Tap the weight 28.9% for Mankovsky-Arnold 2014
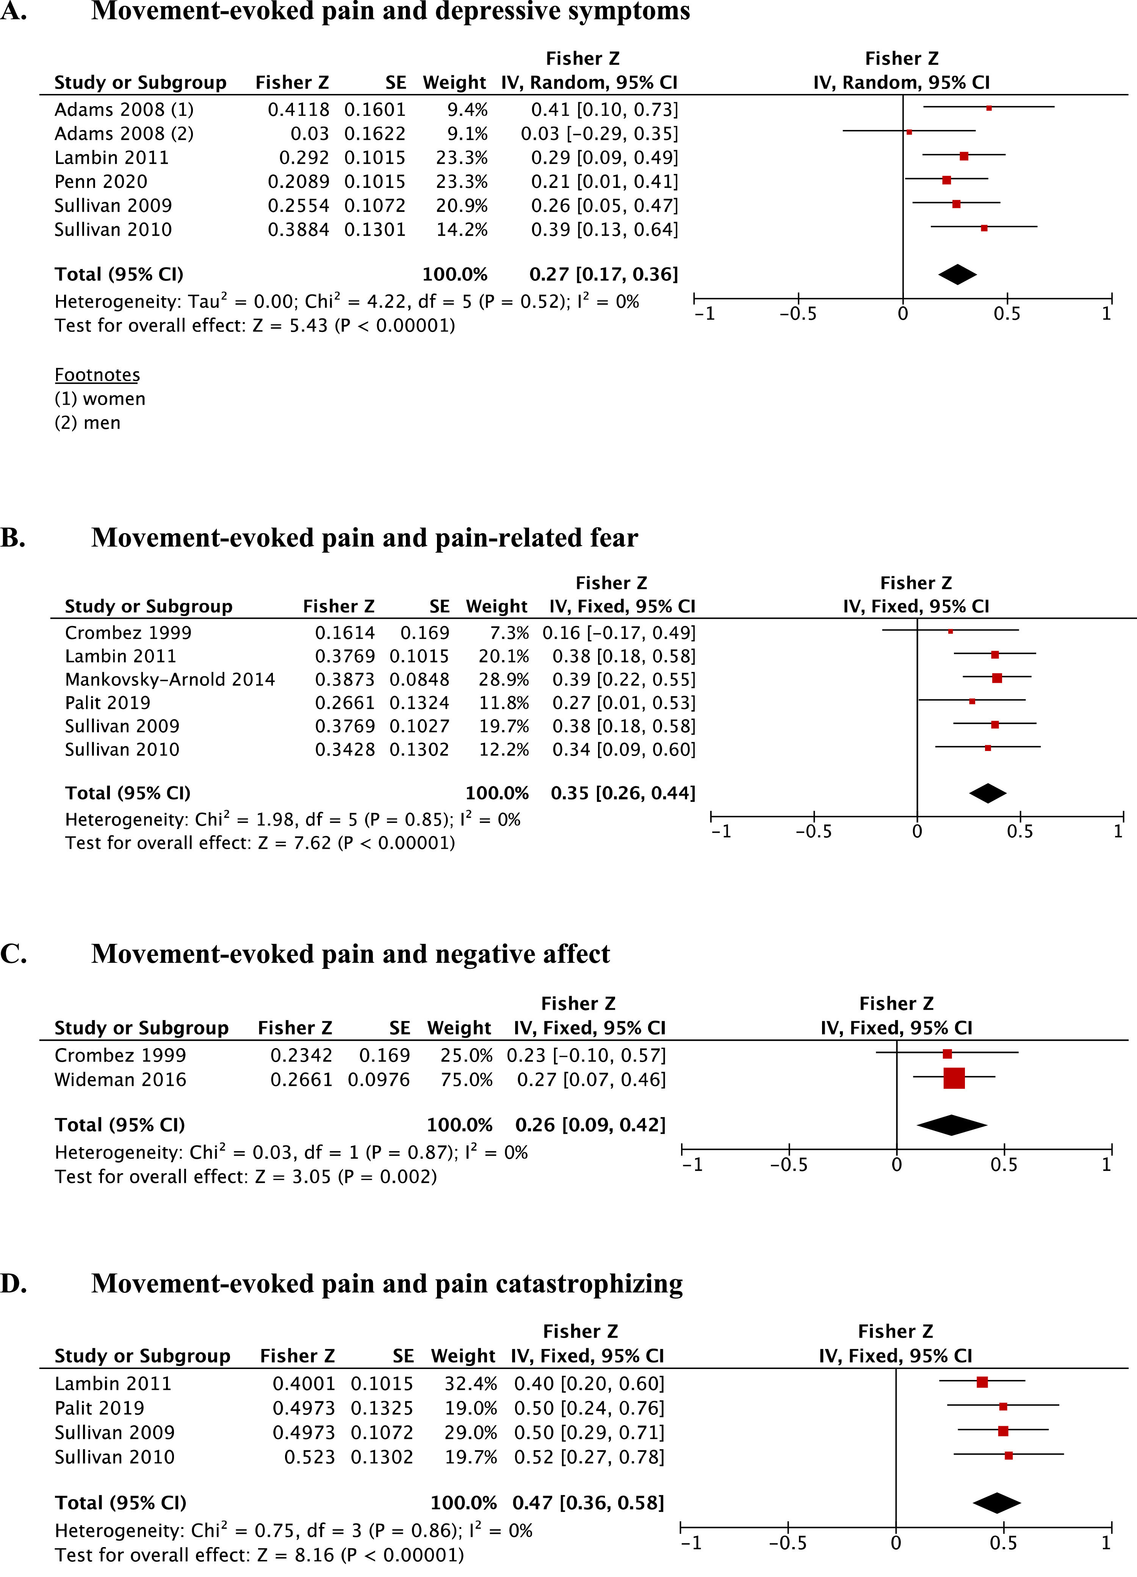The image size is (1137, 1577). tap(503, 679)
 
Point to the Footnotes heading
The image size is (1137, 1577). tap(97, 375)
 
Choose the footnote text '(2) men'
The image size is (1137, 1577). tap(88, 423)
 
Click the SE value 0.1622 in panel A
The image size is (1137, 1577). tap(375, 133)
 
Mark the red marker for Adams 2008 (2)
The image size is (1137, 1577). tap(909, 131)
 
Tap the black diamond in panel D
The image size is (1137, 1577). tap(996, 1503)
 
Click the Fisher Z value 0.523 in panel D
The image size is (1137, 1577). tap(310, 1457)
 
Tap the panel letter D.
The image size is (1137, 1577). tap(14, 1284)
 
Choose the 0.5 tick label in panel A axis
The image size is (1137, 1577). tap(1006, 314)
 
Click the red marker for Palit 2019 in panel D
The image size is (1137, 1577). tap(1003, 1406)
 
